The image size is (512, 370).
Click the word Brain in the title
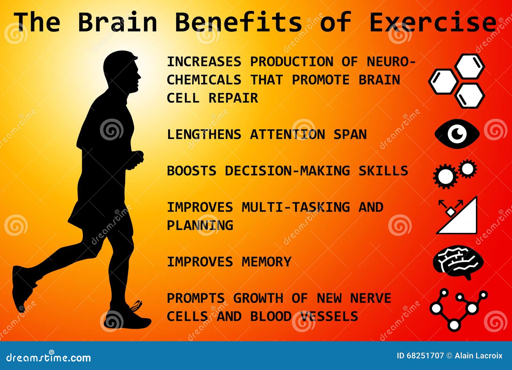117,22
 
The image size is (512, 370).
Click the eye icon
457,134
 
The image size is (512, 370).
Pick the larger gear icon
445,176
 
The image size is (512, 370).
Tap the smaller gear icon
468,168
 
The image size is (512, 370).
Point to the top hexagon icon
469,66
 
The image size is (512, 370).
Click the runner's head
122,70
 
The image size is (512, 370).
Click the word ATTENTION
287,134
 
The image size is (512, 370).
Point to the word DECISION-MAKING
287,171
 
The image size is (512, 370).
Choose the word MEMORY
266,262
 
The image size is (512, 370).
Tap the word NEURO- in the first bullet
391,61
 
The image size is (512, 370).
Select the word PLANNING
200,225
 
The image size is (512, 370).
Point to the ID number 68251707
427,356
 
